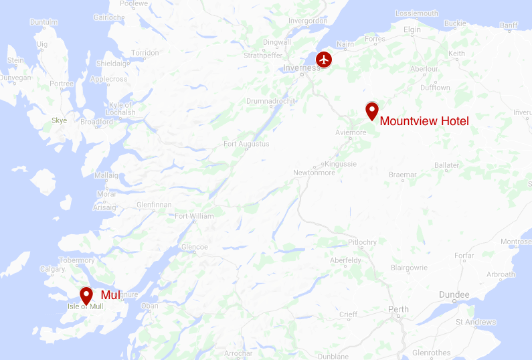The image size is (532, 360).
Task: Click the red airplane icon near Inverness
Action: (324, 59)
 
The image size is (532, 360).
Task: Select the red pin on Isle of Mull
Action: (86, 295)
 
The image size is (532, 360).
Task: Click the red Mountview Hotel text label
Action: (424, 121)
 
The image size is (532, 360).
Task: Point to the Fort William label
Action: (194, 216)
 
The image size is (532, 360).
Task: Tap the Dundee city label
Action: (454, 295)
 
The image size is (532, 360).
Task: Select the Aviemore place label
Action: (351, 132)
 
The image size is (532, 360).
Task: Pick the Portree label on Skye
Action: (62, 84)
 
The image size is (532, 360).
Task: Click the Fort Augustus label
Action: (246, 144)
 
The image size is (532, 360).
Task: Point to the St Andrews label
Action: (476, 323)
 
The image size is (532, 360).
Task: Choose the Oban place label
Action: (149, 306)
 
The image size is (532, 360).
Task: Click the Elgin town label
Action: (412, 30)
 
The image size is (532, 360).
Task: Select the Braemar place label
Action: (403, 175)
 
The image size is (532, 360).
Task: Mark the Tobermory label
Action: (76, 260)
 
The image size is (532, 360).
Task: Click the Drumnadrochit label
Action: (270, 101)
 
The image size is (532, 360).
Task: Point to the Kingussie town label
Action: (341, 163)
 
